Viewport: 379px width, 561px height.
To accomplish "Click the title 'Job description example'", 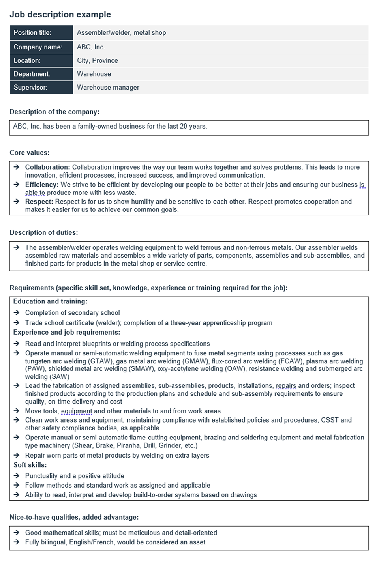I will [60, 15].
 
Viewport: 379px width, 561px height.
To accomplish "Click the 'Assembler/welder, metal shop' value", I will [121, 33].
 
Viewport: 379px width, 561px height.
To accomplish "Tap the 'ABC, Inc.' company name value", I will [91, 47].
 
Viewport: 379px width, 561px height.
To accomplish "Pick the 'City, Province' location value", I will [97, 60].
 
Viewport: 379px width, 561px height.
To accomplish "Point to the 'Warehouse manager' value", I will [108, 87].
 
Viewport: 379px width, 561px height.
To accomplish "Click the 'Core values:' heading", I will [30, 153].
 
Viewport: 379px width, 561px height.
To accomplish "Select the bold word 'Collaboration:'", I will [47, 167].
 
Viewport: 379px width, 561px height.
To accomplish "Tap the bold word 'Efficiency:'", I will [42, 185].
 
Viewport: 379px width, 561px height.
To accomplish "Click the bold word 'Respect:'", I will [39, 202].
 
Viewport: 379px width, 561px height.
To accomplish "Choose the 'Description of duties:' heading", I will [44, 232].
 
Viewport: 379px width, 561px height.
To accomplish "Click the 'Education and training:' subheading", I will [50, 301].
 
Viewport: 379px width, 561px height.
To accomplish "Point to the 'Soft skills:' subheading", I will [30, 465].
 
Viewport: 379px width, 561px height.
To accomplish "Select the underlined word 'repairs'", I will [285, 385].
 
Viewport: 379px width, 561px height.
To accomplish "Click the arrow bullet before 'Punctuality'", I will [17, 476].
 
